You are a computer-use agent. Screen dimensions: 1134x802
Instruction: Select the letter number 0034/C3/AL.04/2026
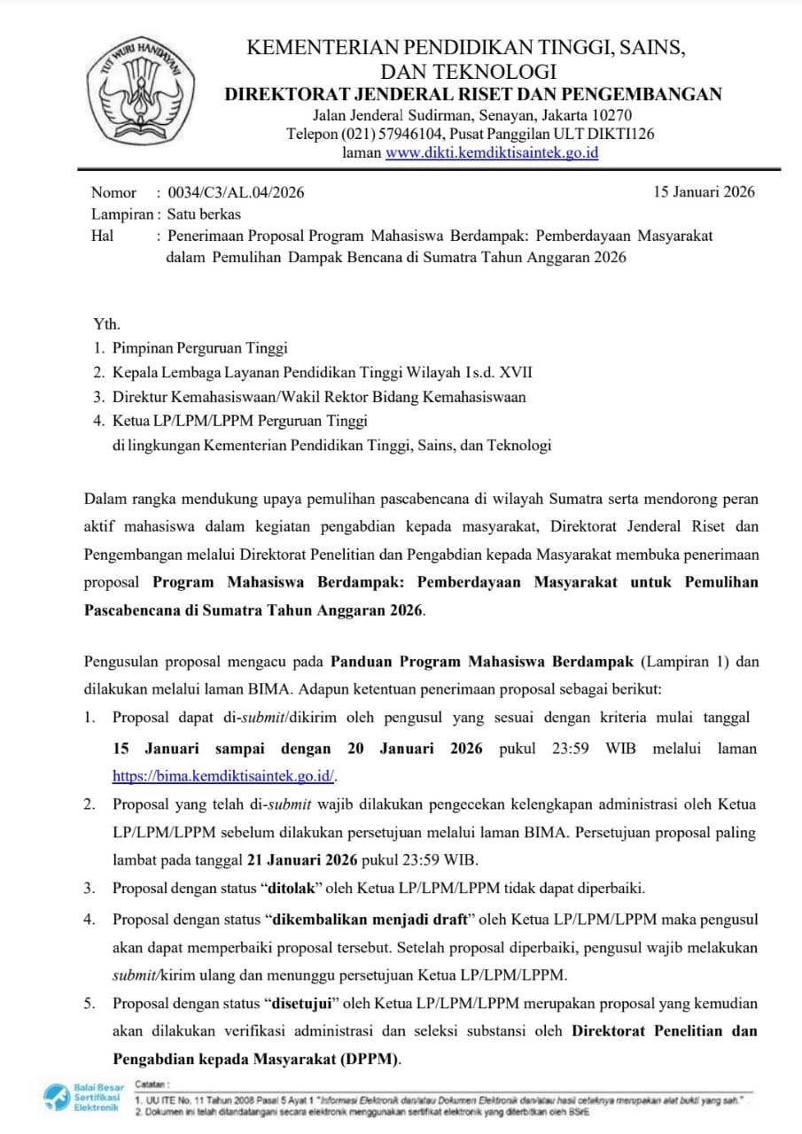pos(230,192)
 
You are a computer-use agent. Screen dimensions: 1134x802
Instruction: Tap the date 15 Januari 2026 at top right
pos(704,192)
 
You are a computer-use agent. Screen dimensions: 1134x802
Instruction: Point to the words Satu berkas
pos(205,214)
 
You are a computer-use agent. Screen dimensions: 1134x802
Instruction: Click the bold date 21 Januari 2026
pos(302,859)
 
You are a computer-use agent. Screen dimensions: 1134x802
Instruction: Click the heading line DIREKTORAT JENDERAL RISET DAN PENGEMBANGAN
pos(472,95)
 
